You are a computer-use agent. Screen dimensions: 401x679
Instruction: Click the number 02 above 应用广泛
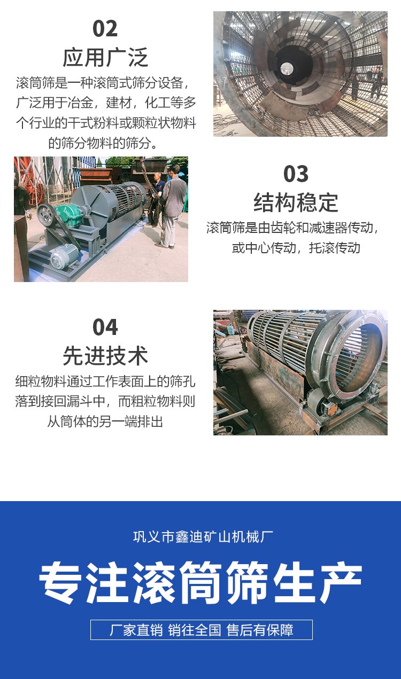pos(105,29)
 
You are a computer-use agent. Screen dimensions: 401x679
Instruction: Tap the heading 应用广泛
pos(105,57)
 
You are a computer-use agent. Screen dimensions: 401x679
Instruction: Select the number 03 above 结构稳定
pos(296,174)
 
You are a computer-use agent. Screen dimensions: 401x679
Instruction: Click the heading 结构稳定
pos(296,202)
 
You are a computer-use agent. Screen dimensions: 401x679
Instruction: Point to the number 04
pos(105,327)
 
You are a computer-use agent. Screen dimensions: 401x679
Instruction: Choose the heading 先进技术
pos(105,356)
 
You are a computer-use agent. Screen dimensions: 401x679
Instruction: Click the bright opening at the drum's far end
pos(286,68)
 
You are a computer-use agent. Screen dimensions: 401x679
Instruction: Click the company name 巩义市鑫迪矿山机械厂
pos(203,537)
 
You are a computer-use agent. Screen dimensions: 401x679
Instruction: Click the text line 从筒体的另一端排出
pos(105,422)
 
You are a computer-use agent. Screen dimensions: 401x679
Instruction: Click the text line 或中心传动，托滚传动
pos(296,248)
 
